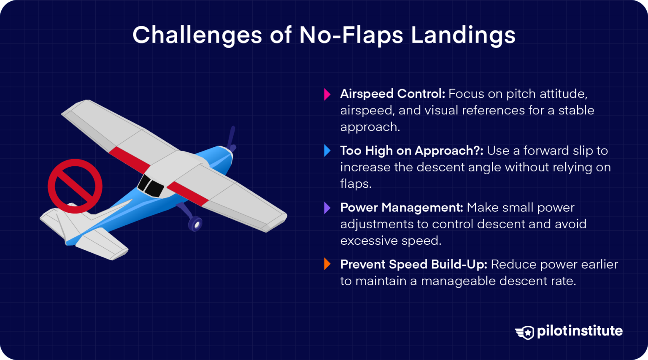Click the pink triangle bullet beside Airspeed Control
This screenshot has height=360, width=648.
pos(327,94)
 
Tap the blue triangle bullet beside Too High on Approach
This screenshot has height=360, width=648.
pos(327,151)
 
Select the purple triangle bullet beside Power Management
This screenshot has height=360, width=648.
pos(327,208)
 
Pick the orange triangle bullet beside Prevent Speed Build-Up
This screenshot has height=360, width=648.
pos(327,264)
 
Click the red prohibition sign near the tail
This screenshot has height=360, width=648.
pos(75,186)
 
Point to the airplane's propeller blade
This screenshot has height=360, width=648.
pos(231,137)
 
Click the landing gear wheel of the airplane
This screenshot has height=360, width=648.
pos(195,224)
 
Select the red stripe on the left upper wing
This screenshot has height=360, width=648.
pos(130,160)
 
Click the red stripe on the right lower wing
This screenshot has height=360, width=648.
pos(188,193)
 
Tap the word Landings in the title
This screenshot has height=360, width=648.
pos(463,35)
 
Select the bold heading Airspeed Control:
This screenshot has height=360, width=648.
pos(392,94)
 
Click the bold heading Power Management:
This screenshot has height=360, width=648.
pos(402,208)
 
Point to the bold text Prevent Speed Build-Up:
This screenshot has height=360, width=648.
pos(413,264)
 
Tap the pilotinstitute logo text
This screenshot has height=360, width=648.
pos(580,331)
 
